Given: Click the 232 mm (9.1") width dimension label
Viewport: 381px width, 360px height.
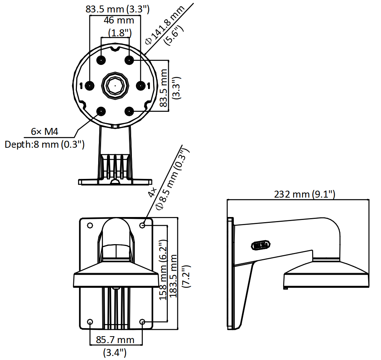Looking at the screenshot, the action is click(304, 194).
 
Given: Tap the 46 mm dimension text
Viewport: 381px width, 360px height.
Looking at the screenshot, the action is click(119, 20).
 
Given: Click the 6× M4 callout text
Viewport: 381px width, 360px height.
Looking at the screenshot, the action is click(44, 132).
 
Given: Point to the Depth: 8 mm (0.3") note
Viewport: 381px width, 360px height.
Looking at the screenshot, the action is click(44, 144).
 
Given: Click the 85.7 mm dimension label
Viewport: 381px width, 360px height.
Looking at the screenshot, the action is click(115, 339).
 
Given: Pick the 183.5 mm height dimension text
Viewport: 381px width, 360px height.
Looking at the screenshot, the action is click(173, 276).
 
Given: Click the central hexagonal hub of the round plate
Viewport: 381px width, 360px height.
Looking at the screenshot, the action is click(115, 85).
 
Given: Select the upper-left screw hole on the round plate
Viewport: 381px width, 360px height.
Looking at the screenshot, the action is click(101, 60).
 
